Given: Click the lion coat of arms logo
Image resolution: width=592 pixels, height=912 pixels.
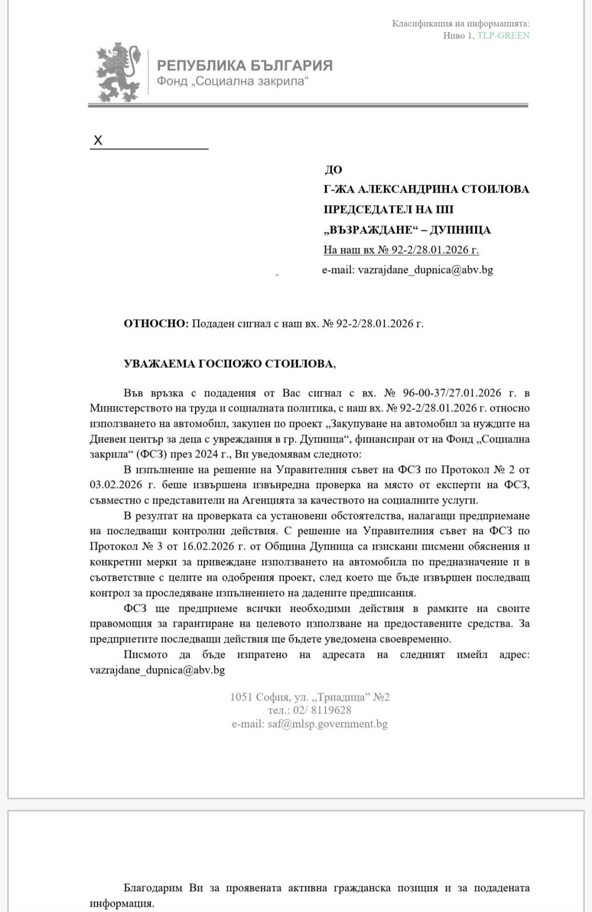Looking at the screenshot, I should [x=118, y=72].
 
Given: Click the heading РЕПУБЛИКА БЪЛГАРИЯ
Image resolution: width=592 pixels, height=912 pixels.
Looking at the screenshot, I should [x=245, y=66].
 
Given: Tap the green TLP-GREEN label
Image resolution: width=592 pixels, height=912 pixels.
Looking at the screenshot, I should [x=504, y=35].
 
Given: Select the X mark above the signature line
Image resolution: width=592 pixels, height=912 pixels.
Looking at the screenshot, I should [x=98, y=141].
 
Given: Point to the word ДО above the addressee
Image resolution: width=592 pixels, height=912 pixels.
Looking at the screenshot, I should [x=333, y=169].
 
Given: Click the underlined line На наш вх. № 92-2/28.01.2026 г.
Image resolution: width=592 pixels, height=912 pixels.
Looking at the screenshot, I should [x=401, y=250].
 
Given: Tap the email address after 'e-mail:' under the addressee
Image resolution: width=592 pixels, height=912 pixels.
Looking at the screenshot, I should [x=425, y=270].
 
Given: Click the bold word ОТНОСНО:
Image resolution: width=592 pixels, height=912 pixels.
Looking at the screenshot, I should [x=156, y=324].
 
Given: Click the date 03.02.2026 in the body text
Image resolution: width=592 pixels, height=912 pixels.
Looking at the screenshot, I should [x=113, y=485].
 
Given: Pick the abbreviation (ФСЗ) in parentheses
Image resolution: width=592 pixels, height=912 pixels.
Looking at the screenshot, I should [x=145, y=454].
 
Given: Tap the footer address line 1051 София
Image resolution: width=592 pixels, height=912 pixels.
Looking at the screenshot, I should [x=310, y=697].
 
